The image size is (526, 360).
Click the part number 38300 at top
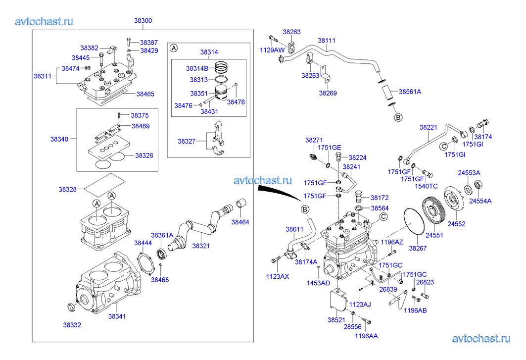(143, 21)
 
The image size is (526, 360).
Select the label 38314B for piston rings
(198, 68)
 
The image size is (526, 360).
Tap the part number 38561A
(410, 92)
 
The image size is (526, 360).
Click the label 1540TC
(426, 186)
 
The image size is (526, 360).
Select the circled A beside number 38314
(174, 48)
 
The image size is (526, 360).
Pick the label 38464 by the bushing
(240, 222)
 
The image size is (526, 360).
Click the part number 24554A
(480, 201)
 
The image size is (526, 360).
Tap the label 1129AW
(272, 50)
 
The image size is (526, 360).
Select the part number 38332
(72, 325)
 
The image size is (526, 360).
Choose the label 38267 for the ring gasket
(417, 248)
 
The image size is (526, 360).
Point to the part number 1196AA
(366, 336)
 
